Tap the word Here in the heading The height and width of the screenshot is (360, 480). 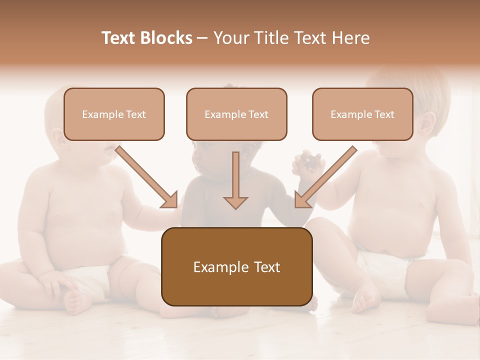pos(351,38)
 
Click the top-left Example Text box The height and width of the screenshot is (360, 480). pos(114,114)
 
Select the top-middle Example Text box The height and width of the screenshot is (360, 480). pos(236,114)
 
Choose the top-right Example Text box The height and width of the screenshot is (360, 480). pos(362,114)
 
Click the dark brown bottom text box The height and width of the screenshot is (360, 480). pos(236,266)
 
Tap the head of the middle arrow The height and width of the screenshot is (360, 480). pos(235,202)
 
